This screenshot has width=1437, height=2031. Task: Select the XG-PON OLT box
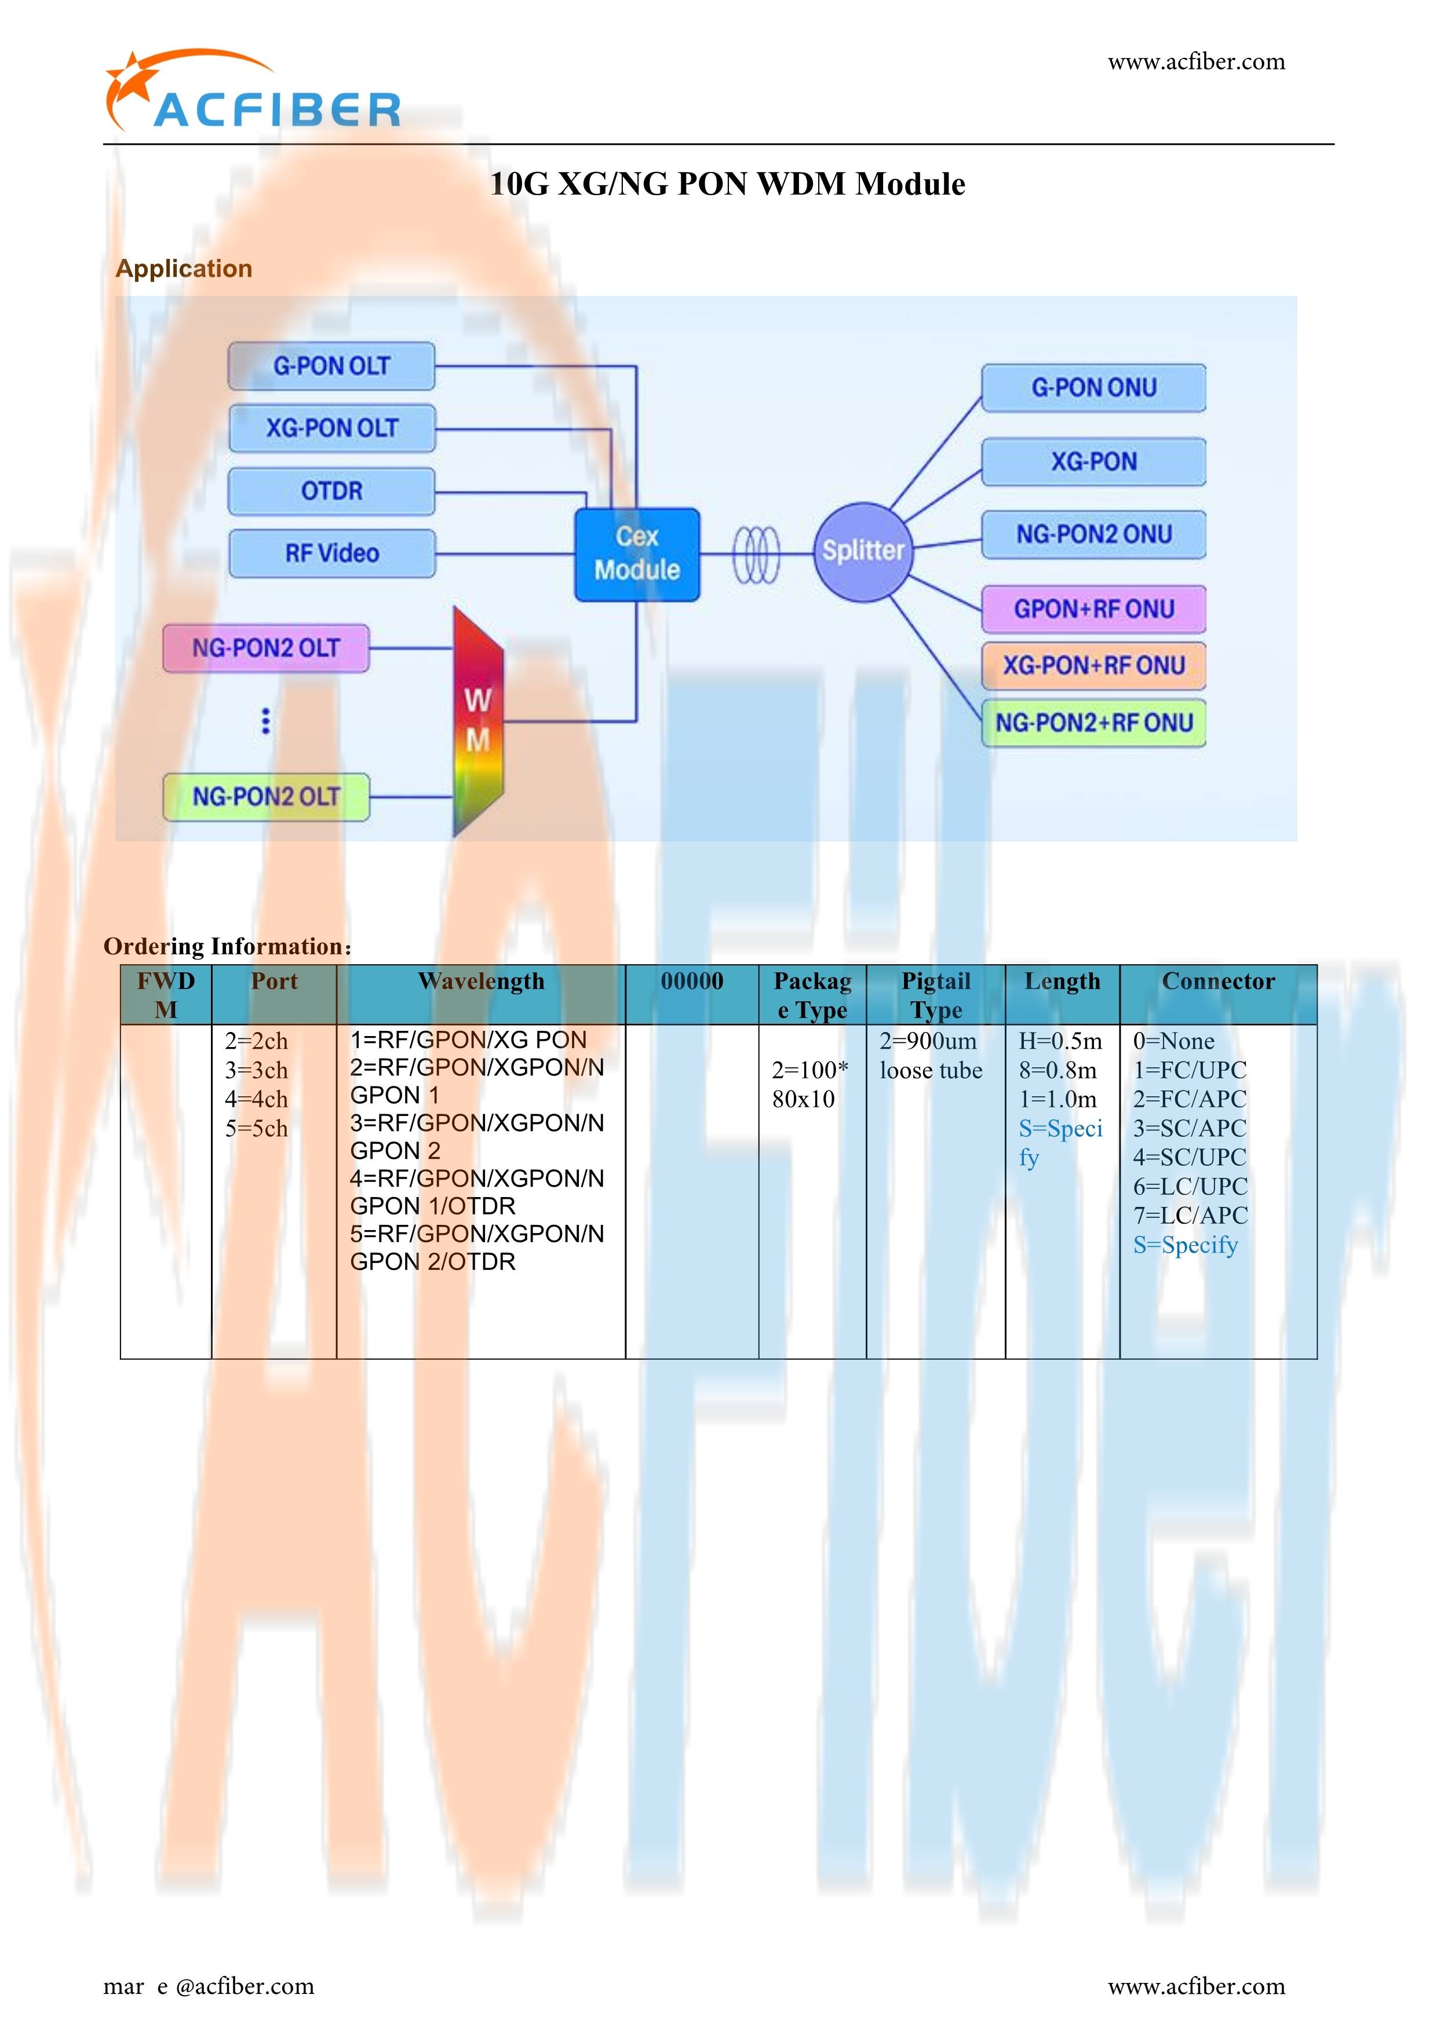(x=332, y=428)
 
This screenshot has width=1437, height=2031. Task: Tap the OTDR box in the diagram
(x=332, y=491)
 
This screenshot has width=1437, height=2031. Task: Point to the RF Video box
(x=332, y=554)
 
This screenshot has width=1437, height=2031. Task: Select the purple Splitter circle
(x=863, y=551)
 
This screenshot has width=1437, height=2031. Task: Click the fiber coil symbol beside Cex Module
(x=757, y=555)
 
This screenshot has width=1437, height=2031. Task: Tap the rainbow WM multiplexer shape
(x=479, y=721)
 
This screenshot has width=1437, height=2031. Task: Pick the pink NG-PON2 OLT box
(x=265, y=649)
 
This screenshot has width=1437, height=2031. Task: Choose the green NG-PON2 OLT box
(x=265, y=797)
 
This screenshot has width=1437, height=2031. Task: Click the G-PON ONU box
(x=1093, y=387)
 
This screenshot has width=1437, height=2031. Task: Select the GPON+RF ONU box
(x=1093, y=609)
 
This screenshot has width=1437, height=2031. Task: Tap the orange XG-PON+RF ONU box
(x=1093, y=665)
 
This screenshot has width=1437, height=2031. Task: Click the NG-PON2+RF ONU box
(x=1093, y=723)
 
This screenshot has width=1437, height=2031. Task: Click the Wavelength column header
(x=482, y=981)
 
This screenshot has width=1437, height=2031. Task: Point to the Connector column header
(x=1219, y=981)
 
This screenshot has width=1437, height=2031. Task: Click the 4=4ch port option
(x=257, y=1099)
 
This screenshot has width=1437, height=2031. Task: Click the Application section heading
(x=184, y=268)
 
